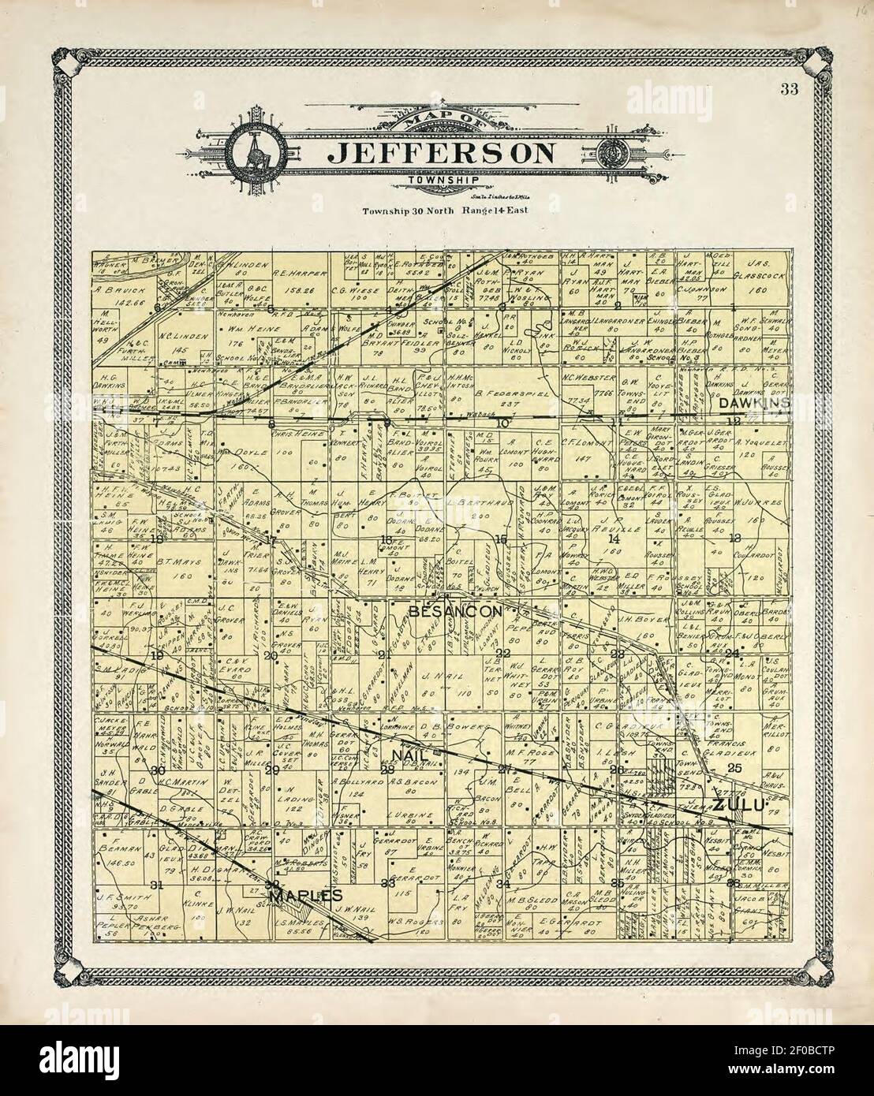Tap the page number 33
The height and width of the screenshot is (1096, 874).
788,88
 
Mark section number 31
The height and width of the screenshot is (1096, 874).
157,884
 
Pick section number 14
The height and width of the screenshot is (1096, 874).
614,539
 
